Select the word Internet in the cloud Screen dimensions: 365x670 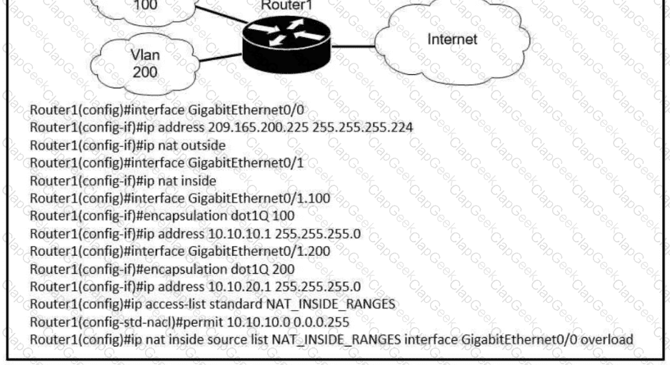(451, 39)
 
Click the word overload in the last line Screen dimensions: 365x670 (606, 339)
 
